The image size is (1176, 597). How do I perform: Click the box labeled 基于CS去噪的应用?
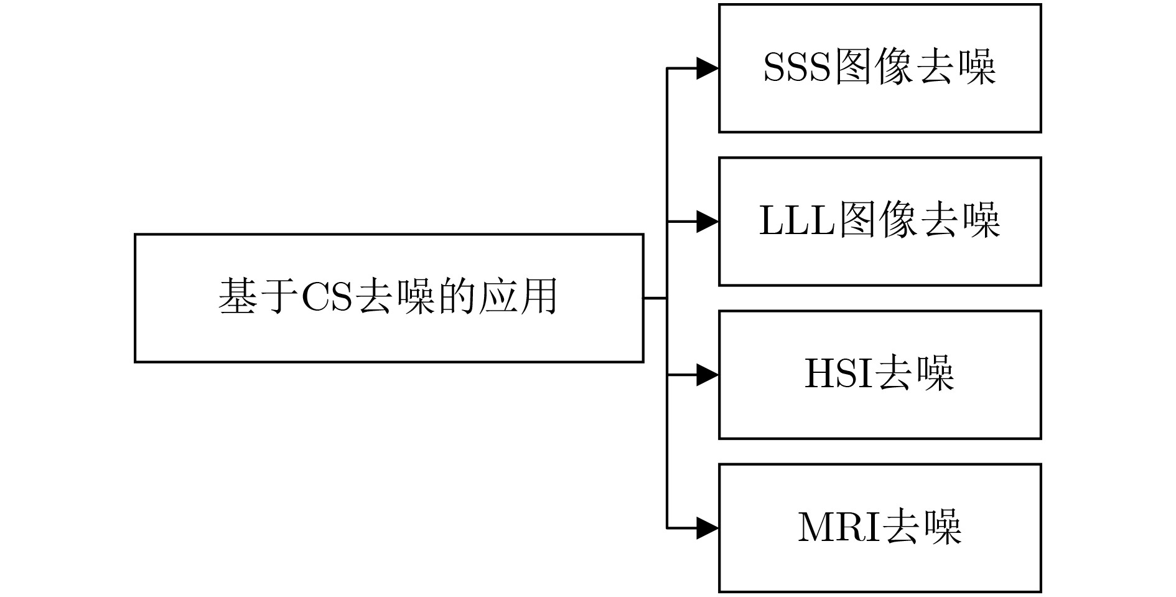coord(389,298)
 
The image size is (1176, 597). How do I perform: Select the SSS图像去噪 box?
coord(880,68)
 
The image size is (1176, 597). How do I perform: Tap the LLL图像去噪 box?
coord(880,222)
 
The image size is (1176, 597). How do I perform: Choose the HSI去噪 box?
coord(880,375)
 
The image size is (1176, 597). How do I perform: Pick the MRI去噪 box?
coord(880,528)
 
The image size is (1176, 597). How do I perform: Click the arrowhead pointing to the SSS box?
coord(707,68)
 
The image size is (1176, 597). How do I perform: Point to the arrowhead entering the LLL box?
coord(707,222)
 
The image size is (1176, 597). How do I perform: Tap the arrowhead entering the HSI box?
coord(707,375)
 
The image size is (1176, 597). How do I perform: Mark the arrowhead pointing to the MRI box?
coord(707,529)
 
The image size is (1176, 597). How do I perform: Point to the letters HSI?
coord(838,374)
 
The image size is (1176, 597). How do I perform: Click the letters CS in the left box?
coord(327,297)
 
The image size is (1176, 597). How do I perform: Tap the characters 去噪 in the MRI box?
coord(923,527)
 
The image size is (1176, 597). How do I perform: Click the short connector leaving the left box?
coord(655,298)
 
